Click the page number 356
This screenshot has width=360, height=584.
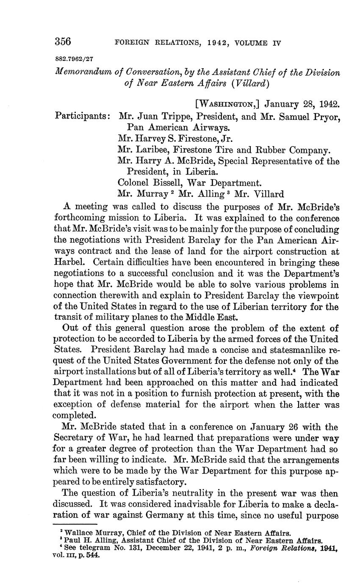63,42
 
